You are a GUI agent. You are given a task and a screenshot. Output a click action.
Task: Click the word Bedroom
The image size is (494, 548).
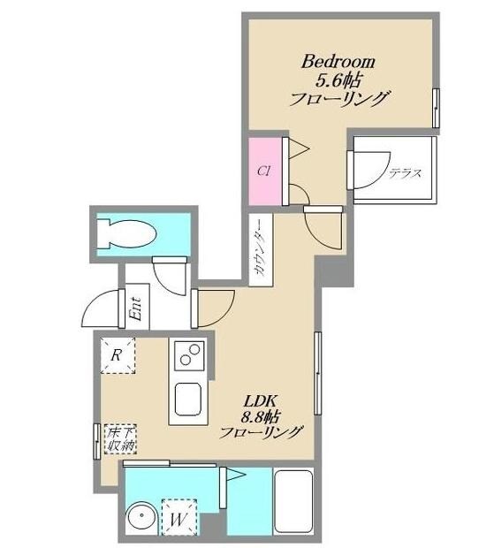coord(338,62)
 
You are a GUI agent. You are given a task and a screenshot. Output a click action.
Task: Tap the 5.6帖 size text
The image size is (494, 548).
coord(338,80)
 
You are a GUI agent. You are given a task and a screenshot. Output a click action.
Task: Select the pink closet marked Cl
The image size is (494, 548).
coord(265,171)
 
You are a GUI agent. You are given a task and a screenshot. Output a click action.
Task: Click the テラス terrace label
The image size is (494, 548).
coord(406,173)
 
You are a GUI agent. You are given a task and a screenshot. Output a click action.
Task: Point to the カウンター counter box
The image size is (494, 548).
coord(261,249)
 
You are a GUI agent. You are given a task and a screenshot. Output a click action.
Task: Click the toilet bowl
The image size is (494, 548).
coord(126,234)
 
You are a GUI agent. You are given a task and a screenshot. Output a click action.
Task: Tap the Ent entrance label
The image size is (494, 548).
coord(136,308)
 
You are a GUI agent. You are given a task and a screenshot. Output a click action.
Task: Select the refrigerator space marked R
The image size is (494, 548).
coord(118,355)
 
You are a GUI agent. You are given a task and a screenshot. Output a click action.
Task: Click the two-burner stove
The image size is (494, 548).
coord(189,355)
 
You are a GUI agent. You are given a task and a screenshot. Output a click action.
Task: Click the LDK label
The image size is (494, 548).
coord(261,401)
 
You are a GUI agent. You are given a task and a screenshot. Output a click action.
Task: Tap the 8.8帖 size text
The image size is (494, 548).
coord(261,416)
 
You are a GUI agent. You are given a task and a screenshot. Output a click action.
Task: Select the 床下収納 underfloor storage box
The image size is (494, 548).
coord(121,439)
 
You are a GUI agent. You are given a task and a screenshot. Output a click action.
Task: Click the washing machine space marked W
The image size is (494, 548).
coord(179,517)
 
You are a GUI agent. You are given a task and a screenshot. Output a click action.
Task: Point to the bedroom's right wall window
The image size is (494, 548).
coord(436,109)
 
